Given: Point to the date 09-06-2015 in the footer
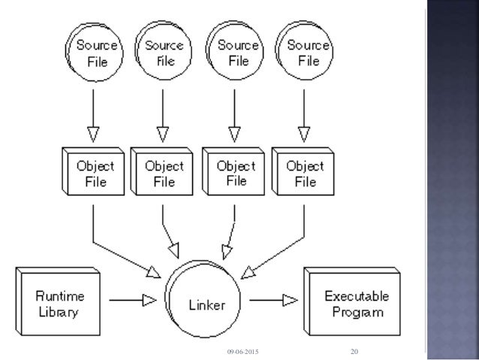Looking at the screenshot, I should [241, 352].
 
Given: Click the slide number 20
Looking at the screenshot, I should [354, 351].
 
